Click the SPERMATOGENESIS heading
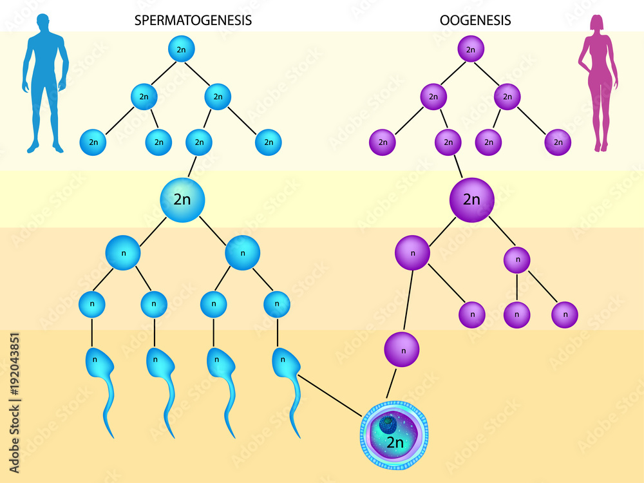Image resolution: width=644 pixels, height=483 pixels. point(193,20)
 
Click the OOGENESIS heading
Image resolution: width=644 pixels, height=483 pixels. point(475,20)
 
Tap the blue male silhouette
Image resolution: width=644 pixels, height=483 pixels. point(44,84)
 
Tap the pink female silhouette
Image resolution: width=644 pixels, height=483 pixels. point(598,84)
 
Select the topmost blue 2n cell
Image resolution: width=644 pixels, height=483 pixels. point(182,49)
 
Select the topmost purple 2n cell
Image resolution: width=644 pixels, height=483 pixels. point(471,49)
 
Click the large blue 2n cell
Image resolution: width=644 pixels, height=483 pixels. point(182,200)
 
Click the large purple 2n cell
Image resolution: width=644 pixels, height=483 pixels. point(471,200)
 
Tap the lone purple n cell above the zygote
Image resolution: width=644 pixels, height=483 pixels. point(402,350)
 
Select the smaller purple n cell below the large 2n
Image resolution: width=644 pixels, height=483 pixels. point(517,260)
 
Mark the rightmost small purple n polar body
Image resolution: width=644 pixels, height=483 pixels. point(565,315)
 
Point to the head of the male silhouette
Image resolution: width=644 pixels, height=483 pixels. point(42,24)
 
